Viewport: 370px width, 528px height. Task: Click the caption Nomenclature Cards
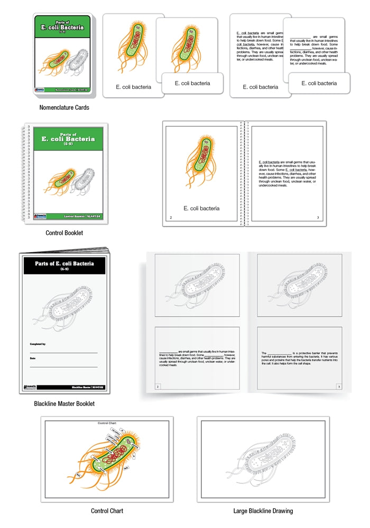(x=64, y=107)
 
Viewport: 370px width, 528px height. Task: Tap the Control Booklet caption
(x=64, y=232)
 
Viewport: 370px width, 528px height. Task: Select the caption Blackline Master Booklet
(x=64, y=404)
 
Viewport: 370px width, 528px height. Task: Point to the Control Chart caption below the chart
(x=107, y=511)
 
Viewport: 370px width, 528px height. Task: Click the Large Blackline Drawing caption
(x=263, y=511)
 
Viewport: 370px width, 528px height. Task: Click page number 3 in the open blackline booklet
(x=338, y=387)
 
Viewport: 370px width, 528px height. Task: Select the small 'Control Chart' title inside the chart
(x=107, y=423)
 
